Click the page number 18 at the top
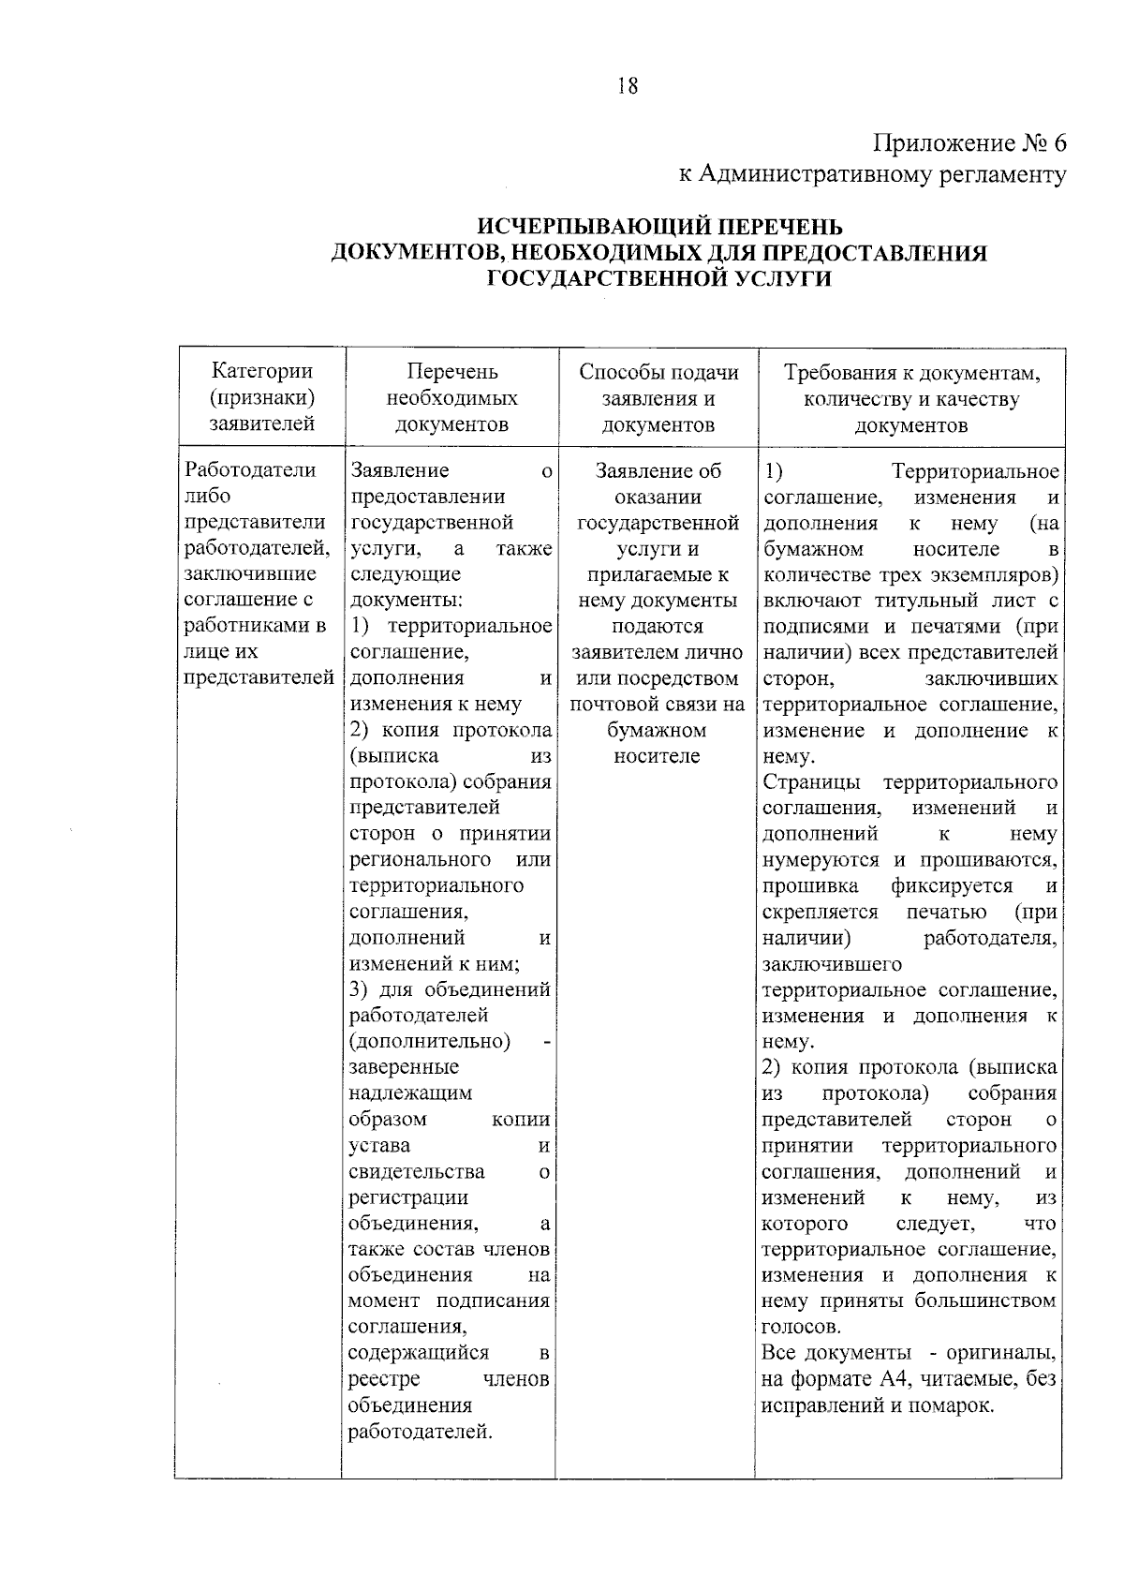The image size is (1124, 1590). tap(627, 86)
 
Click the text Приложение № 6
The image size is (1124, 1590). tap(969, 143)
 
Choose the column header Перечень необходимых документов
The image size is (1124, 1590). tap(451, 398)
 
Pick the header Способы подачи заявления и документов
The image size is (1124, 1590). tap(658, 398)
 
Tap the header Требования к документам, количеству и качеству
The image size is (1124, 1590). tap(910, 398)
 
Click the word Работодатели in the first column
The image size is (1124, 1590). tap(251, 470)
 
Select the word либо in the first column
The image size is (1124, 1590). tap(208, 497)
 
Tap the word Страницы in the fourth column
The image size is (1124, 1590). tap(816, 782)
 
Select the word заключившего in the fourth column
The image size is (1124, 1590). tap(832, 964)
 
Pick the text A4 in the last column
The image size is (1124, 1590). tap(890, 1379)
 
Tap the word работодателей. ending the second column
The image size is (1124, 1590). tap(420, 1432)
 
